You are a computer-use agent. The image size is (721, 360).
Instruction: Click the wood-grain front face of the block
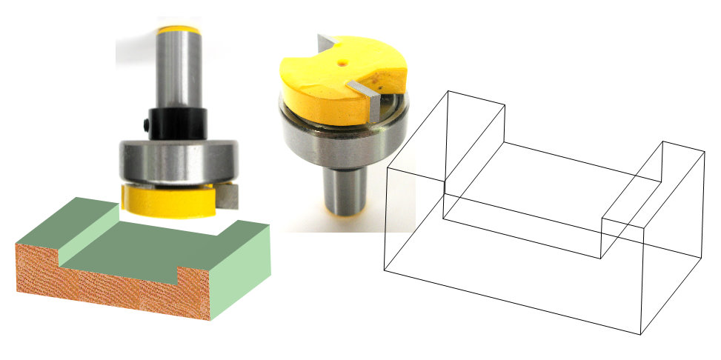[104, 281]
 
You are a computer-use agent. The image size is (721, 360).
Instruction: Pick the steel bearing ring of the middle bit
[341, 137]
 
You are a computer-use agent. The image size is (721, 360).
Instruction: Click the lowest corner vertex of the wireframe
[640, 334]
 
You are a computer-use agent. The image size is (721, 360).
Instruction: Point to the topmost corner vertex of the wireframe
[447, 91]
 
